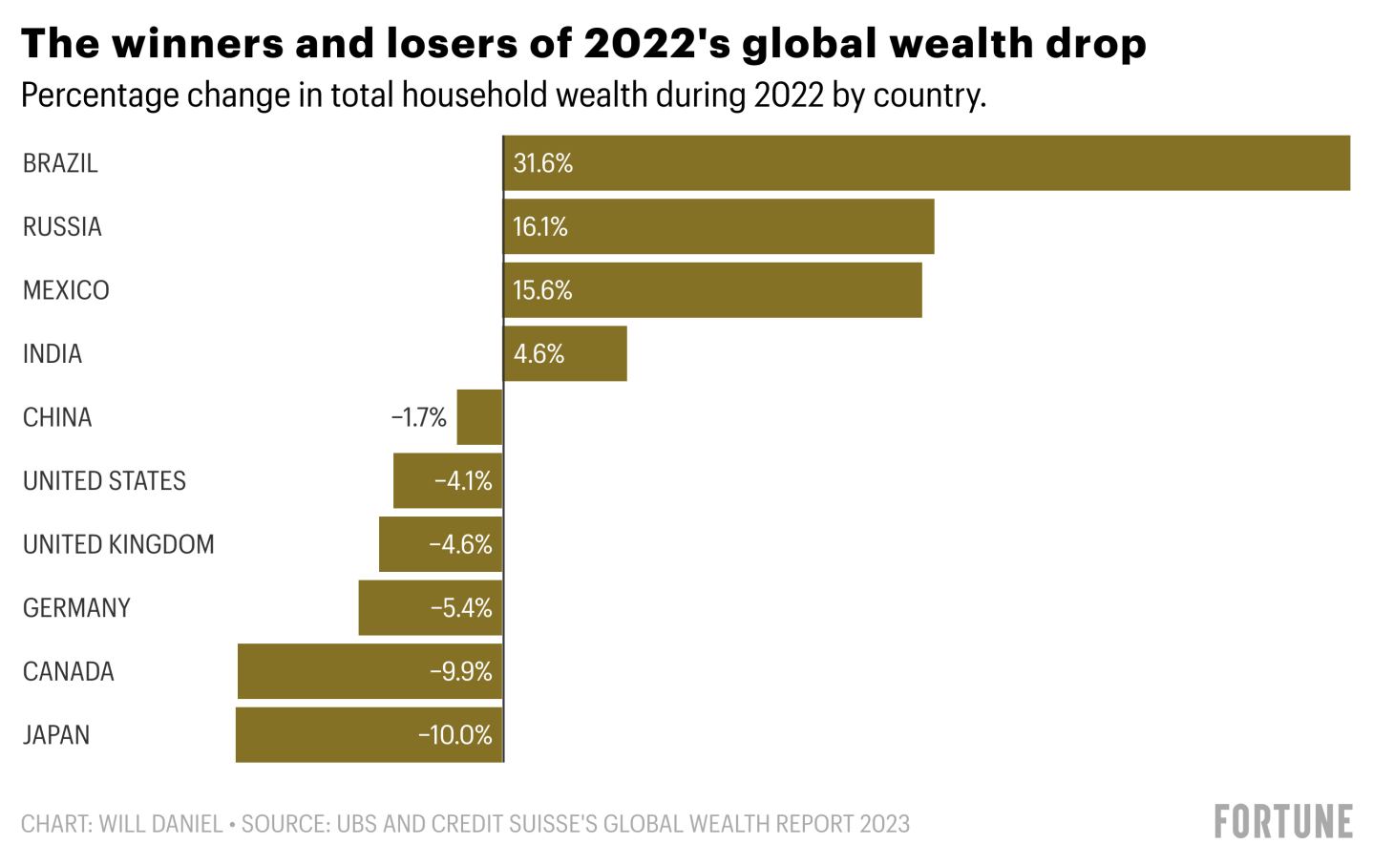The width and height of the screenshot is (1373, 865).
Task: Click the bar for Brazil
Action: point(926,163)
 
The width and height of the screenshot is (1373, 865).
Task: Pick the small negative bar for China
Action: point(479,417)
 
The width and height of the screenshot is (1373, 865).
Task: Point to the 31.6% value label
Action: point(542,163)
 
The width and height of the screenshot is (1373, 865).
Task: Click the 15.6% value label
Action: point(542,290)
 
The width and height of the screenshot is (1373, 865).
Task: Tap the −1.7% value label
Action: point(419,417)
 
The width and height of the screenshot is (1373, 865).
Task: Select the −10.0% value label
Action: point(455,735)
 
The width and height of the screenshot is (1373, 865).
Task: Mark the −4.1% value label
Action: point(463,481)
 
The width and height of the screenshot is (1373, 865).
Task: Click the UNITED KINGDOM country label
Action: point(118,544)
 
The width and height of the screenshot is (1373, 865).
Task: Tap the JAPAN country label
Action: point(56,735)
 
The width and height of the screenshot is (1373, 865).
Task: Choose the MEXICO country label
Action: point(66,290)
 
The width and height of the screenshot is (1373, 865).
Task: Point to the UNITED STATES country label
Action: point(104,481)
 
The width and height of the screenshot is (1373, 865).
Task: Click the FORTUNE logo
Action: point(1283,822)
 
